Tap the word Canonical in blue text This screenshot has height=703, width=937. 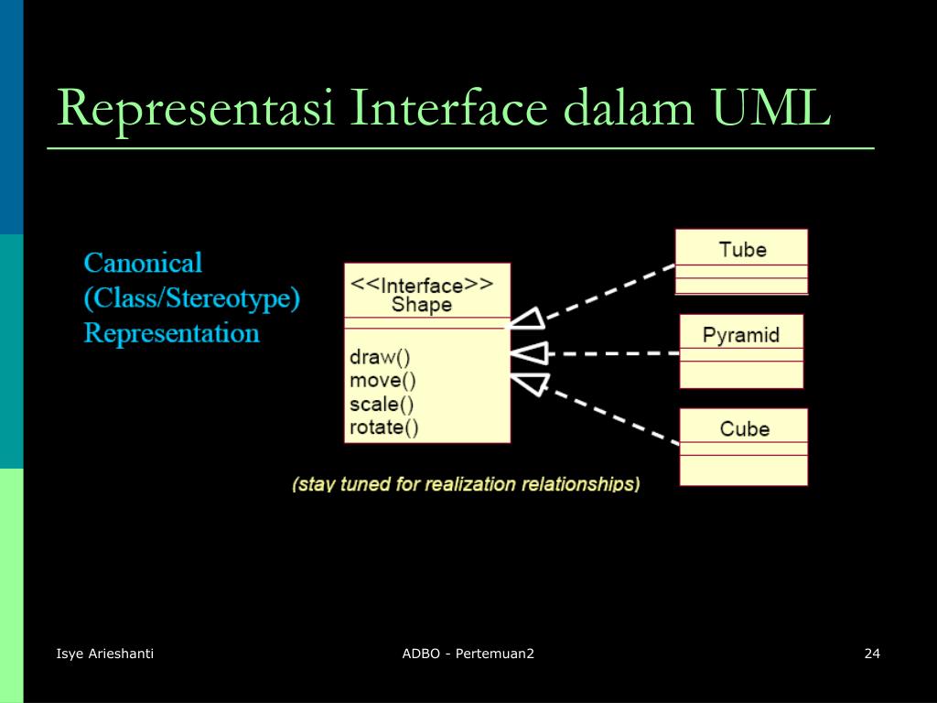coord(143,264)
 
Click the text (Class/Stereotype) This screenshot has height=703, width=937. coord(192,298)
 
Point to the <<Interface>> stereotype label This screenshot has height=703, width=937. coord(422,284)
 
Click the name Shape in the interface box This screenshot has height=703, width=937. coord(422,305)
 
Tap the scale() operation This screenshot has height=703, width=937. coord(382,404)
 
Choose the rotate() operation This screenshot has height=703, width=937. coord(384,427)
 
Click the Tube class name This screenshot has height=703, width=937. coord(742,249)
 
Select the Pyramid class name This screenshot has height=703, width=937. coord(741,334)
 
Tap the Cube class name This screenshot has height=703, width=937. coord(744,428)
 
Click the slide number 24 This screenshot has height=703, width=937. coord(872,653)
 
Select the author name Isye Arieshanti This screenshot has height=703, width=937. coord(105,653)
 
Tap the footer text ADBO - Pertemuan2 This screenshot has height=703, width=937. coord(468,653)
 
